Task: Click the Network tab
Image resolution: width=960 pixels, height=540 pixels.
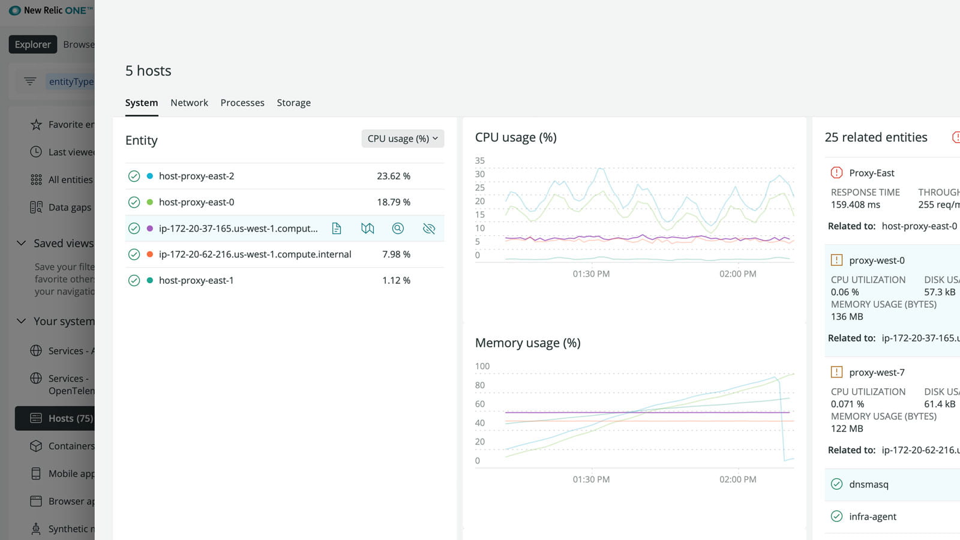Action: click(189, 103)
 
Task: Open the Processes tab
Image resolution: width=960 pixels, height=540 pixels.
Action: click(242, 103)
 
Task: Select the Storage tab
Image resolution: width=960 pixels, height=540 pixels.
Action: click(293, 103)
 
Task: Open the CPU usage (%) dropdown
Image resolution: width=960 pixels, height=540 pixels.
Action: click(403, 139)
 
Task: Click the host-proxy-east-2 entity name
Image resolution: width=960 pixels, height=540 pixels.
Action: click(196, 176)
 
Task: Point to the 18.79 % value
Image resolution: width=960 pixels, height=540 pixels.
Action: click(393, 202)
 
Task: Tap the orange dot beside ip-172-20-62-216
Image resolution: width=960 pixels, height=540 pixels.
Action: click(150, 254)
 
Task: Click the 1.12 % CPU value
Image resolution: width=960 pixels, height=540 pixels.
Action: click(396, 280)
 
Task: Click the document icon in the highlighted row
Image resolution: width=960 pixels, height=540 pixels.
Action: click(337, 229)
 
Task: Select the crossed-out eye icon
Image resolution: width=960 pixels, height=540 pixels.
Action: click(428, 229)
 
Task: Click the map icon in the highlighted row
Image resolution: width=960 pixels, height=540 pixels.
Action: click(367, 229)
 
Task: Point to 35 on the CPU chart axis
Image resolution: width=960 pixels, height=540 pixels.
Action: click(479, 161)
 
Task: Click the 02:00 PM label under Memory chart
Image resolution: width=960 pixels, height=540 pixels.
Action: click(737, 479)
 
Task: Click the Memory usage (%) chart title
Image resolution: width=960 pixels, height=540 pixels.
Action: click(527, 343)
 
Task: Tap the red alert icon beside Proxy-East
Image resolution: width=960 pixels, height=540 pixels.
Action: click(836, 173)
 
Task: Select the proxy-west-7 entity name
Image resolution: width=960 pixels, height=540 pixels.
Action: click(877, 373)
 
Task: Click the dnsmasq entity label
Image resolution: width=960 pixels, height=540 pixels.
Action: click(868, 484)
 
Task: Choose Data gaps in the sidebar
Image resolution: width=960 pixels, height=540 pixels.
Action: click(70, 208)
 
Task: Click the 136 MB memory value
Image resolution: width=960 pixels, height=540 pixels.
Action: click(847, 317)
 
